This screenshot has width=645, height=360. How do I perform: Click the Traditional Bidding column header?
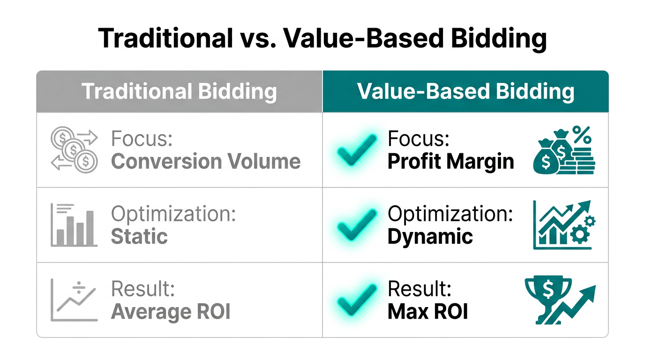pos(179,91)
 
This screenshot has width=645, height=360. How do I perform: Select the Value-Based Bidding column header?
pos(465,91)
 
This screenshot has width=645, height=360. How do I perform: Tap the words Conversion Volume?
pos(206,161)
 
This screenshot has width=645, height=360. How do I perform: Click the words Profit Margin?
pos(450,161)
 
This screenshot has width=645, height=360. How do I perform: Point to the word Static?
pos(139,236)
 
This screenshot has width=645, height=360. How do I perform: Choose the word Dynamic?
pos(430,236)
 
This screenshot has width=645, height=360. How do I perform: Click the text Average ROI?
pos(171,312)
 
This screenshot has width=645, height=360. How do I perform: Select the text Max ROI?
pos(427,312)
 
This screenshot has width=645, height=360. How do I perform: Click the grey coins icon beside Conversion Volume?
pos(74,150)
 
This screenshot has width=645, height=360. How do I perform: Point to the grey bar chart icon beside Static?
pos(74,225)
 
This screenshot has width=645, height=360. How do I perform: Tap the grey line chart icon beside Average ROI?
pos(74,300)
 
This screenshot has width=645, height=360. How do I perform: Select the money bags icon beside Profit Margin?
pos(564,151)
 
